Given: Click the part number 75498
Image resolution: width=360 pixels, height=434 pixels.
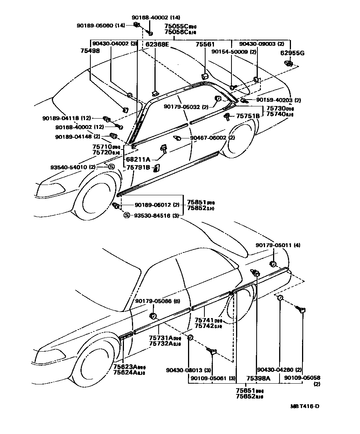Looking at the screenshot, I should click(90, 50).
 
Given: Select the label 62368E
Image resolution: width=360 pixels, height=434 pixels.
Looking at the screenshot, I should click(157, 45).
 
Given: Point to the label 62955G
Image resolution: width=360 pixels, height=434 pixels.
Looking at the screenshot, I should click(292, 53).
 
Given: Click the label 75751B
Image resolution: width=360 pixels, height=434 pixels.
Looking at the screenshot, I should click(248, 116).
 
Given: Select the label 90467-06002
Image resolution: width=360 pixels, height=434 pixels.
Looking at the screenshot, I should click(209, 138).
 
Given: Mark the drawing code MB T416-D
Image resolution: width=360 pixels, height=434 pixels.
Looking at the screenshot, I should click(305, 407).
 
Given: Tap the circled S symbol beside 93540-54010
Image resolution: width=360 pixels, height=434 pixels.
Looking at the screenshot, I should click(111, 167).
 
